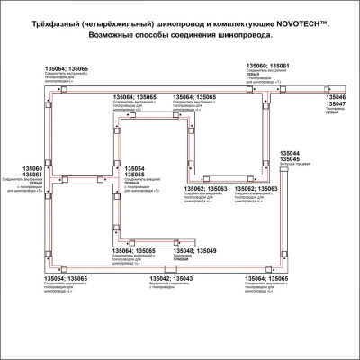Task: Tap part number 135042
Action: pos(159,279)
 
